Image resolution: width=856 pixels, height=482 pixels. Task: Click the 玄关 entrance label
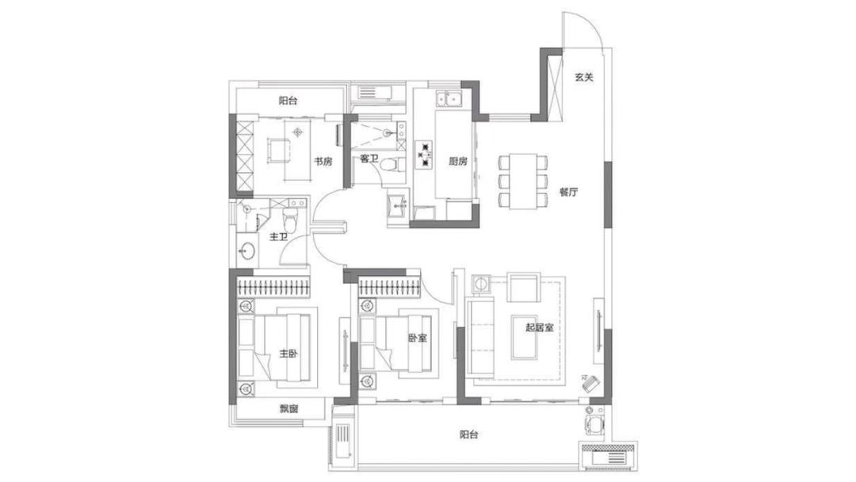pos(584,78)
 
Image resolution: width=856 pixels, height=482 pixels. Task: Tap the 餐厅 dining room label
pos(568,192)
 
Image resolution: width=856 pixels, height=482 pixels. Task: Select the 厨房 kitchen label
pos(458,161)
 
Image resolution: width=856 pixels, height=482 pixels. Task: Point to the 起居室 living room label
pos(540,327)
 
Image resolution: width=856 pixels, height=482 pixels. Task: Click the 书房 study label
pos(323,162)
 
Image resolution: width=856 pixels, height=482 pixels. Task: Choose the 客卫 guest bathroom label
pos(369,159)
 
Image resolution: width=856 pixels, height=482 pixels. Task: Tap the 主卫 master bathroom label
pos(279,238)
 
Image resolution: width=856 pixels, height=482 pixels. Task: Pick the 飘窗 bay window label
pos(289,408)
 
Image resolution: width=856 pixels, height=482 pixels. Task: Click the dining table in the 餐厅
pos(523,181)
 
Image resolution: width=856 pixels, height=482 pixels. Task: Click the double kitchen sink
pos(449,99)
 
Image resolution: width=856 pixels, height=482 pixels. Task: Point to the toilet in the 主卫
pos(290,220)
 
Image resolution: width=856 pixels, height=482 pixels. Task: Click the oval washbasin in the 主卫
pos(246,251)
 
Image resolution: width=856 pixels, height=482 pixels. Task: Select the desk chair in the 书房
pos(278,150)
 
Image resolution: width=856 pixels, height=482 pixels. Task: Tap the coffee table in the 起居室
pos(525,338)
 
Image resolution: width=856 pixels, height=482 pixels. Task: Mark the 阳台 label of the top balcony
pos(289,101)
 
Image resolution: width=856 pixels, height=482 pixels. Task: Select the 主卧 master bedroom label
pos(289,354)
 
